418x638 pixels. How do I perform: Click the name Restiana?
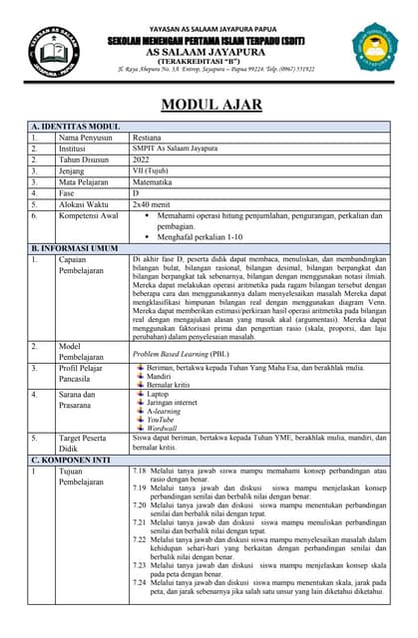pos(149,138)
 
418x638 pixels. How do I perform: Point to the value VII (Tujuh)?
pos(152,170)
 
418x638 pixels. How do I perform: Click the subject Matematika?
pos(153,181)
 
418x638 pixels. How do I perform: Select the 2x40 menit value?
pos(153,203)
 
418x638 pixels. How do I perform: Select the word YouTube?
pos(162,420)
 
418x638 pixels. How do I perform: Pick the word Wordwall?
pos(163,429)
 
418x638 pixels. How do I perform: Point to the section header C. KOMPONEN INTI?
pos(76,460)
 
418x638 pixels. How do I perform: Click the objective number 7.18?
pos(140,470)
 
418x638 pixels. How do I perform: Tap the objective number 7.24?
pos(140,582)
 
